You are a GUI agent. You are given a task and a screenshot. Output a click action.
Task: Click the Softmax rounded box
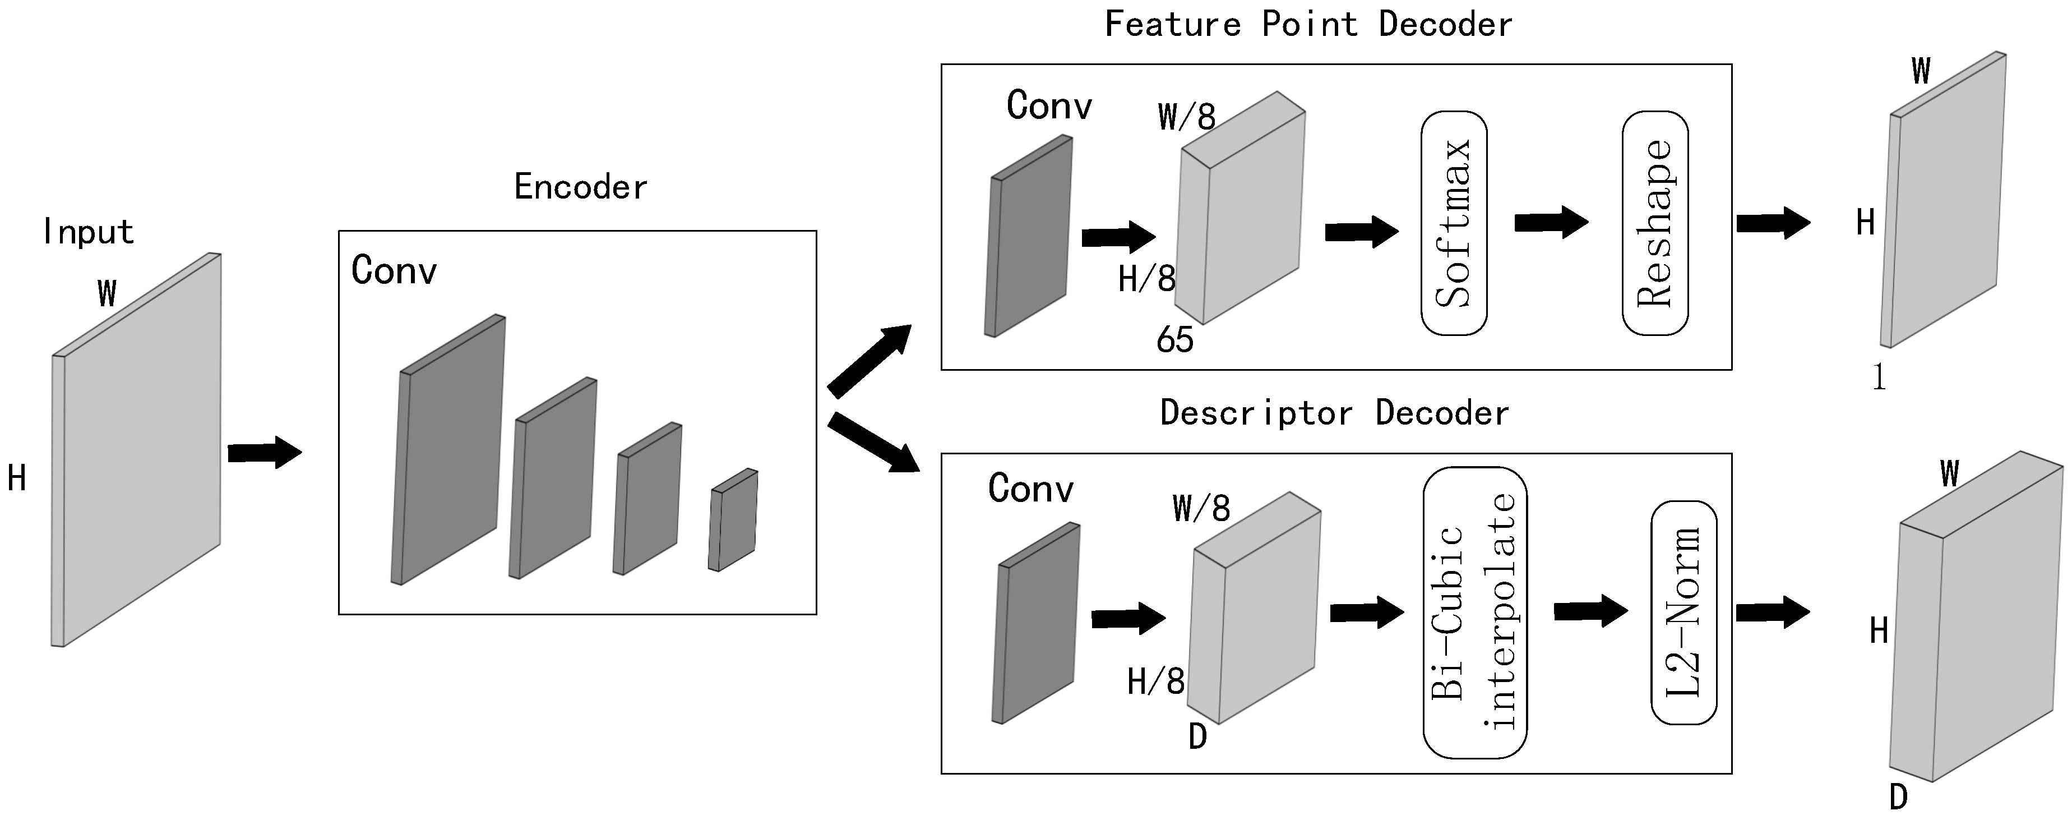tap(1454, 223)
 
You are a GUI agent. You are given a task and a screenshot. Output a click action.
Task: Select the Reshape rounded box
tap(1654, 223)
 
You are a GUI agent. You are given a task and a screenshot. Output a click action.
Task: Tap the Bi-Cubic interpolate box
tap(1474, 613)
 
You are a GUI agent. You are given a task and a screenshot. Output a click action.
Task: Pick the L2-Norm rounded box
tap(1683, 613)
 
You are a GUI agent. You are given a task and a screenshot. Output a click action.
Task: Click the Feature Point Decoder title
tap(1308, 24)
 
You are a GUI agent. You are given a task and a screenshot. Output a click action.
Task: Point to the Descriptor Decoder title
tap(1334, 413)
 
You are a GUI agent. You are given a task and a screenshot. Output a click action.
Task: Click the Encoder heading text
tap(580, 187)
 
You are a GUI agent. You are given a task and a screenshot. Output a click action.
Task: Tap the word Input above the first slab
tap(87, 232)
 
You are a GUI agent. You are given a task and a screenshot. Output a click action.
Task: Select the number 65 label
tap(1174, 339)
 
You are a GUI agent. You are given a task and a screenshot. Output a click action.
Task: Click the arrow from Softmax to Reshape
tap(1551, 222)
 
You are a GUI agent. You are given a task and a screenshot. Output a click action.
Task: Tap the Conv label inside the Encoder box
tap(394, 270)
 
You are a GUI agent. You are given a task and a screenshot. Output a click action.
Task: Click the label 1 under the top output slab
tap(1879, 376)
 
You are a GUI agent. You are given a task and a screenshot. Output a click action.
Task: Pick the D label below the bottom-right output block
tap(1898, 797)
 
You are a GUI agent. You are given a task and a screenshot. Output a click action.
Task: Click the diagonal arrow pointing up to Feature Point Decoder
tap(869, 361)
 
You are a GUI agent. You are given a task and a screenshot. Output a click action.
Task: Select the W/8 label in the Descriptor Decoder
tap(1201, 509)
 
